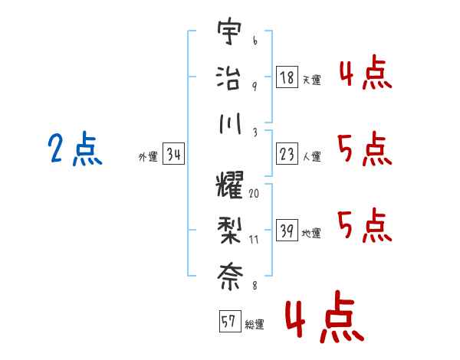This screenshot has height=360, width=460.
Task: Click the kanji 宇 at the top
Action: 229,31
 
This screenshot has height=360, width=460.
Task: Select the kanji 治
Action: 228,78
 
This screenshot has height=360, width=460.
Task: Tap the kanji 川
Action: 230,123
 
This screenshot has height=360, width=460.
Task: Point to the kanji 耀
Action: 229,185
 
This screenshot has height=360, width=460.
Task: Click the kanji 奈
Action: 230,277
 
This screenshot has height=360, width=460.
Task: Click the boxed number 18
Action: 287,77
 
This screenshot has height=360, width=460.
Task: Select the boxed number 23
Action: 287,154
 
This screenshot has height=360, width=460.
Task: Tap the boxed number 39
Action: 287,230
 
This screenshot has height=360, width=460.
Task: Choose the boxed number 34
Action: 173,154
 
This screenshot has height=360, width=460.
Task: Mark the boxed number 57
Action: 230,321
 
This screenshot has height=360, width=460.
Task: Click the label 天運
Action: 312,80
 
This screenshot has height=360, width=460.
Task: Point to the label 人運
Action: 312,156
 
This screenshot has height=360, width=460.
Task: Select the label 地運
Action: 311,233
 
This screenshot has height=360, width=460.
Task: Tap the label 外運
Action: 148,156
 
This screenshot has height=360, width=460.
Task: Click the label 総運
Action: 255,324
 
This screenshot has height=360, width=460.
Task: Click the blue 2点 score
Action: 75,148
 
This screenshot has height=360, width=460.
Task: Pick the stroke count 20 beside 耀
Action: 254,194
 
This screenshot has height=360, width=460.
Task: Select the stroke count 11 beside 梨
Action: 254,240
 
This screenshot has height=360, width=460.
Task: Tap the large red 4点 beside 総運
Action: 325,316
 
